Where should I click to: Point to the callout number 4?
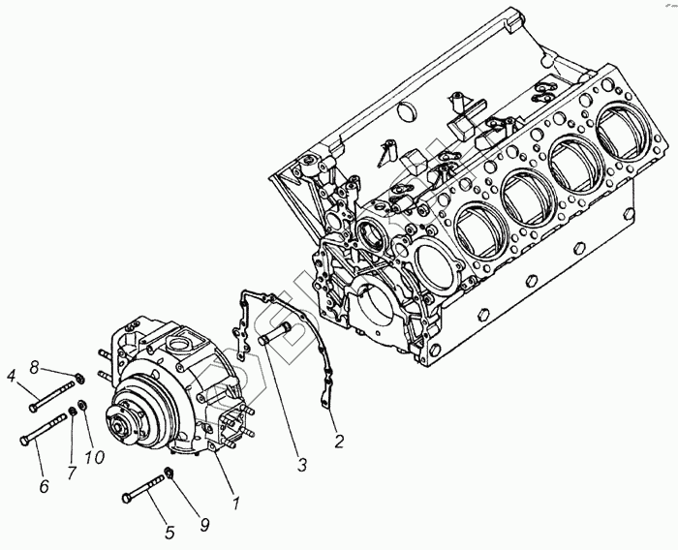[x=12, y=375]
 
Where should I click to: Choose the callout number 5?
[x=169, y=531]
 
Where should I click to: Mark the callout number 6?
[x=44, y=486]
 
